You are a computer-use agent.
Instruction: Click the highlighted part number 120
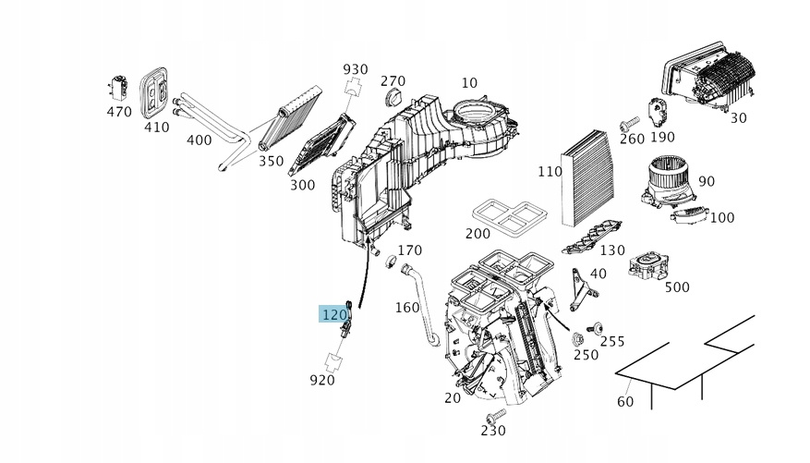pyautogui.click(x=333, y=314)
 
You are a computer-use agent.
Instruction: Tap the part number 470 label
pyautogui.click(x=119, y=112)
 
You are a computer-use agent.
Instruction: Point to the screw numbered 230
pyautogui.click(x=497, y=415)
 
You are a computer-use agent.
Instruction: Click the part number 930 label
pyautogui.click(x=355, y=69)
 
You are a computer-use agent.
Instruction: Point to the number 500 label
pyautogui.click(x=677, y=287)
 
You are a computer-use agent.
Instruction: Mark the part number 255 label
pyautogui.click(x=612, y=341)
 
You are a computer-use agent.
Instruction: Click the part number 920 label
pyautogui.click(x=322, y=379)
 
